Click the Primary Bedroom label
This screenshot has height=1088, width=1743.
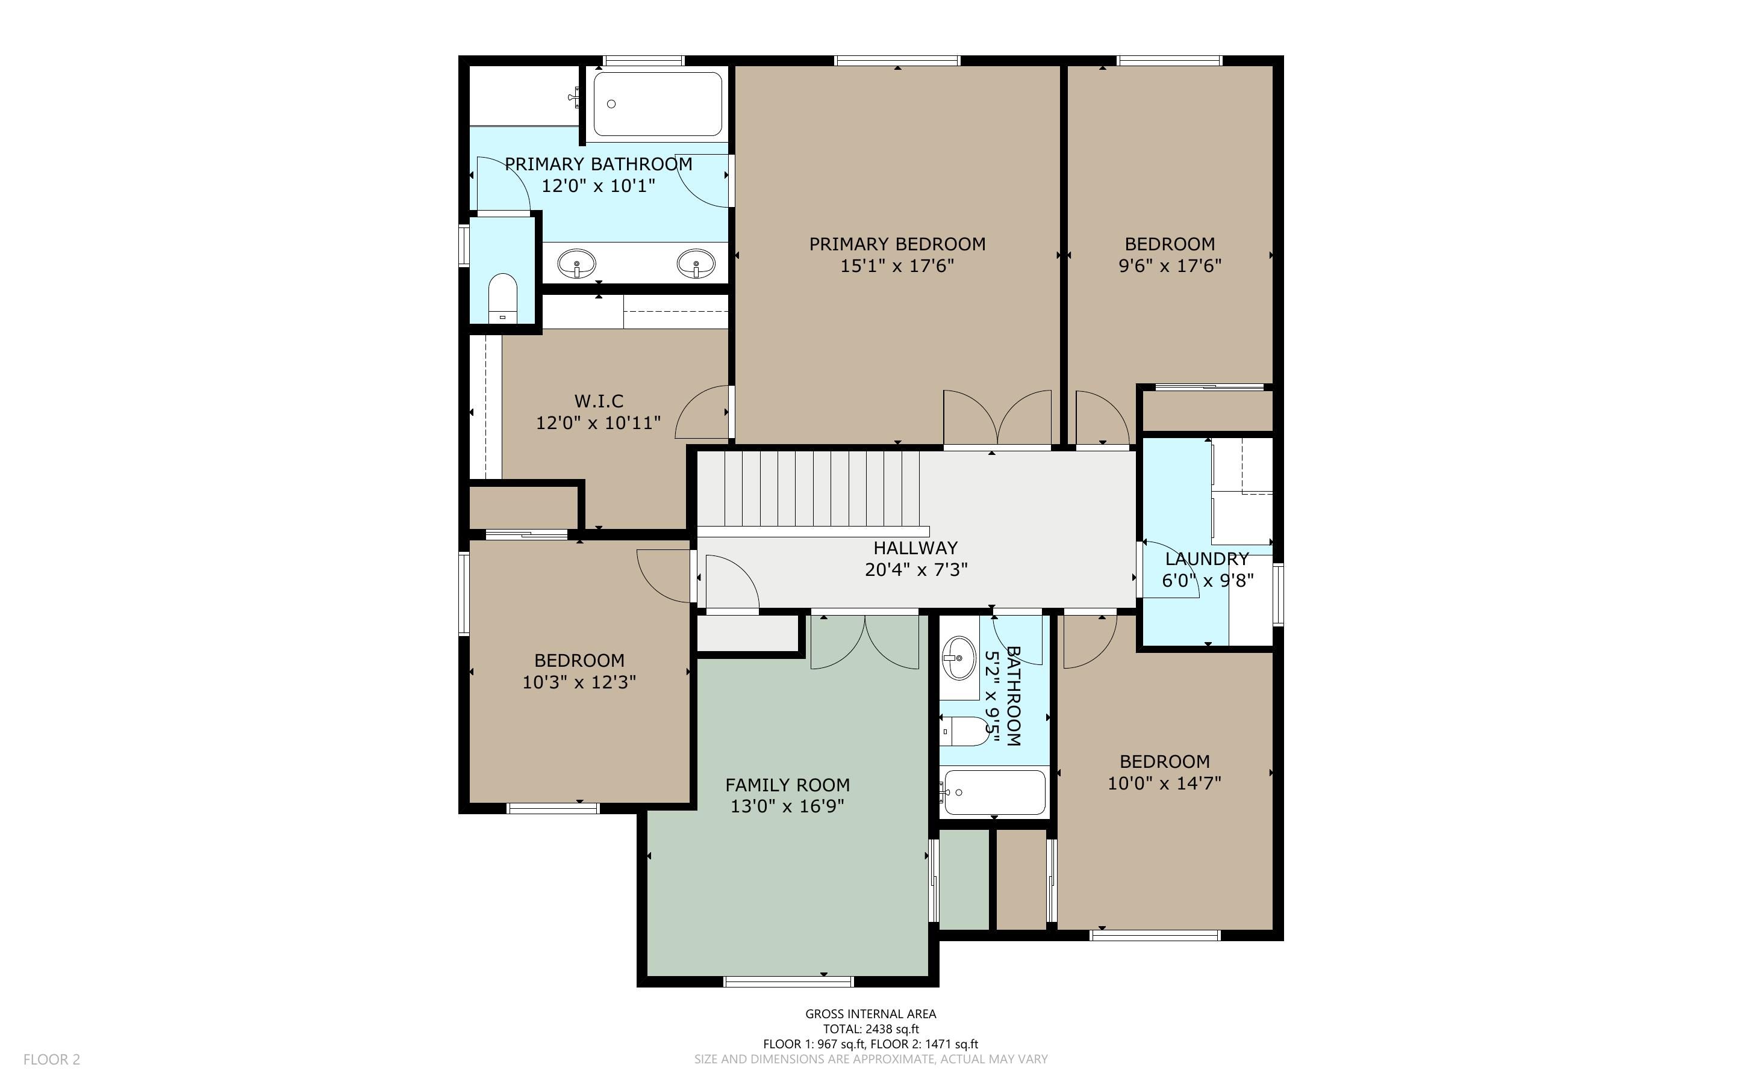point(897,245)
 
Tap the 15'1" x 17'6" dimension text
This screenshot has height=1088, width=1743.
point(897,266)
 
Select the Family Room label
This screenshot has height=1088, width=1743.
point(788,785)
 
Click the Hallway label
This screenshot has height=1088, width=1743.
point(916,548)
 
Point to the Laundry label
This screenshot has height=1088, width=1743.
point(1206,559)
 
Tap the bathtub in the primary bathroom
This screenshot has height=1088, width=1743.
point(658,104)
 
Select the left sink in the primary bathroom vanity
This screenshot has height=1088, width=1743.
point(576,264)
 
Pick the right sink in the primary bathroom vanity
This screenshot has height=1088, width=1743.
point(696,264)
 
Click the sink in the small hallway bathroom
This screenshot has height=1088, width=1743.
point(959,658)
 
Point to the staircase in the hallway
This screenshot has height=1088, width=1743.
point(814,489)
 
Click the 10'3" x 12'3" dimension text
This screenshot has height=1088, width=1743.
point(579,682)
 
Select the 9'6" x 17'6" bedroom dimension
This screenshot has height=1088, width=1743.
point(1170,266)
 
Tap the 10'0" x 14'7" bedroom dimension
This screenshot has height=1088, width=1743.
point(1164,784)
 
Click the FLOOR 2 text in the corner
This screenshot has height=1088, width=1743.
point(52,1059)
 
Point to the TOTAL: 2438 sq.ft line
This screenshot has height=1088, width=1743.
point(871,1029)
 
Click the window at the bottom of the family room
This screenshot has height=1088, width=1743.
point(788,981)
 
